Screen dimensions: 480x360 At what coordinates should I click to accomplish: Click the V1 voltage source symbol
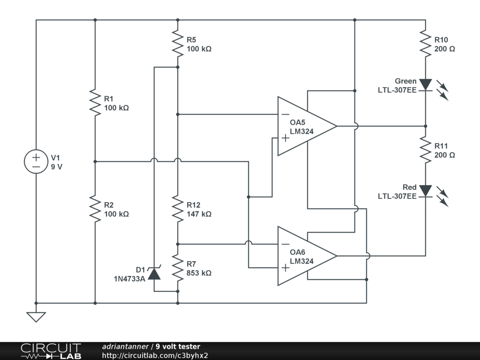[36, 162]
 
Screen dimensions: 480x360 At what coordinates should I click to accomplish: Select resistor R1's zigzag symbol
[95, 103]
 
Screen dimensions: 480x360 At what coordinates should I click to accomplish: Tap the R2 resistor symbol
[95, 209]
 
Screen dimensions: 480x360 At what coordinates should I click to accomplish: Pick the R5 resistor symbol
[178, 44]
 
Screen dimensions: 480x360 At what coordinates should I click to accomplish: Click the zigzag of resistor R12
[178, 209]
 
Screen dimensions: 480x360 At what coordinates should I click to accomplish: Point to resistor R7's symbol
[178, 268]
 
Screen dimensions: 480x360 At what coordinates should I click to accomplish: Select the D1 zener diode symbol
[154, 273]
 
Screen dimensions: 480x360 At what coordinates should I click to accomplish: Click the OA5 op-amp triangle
[307, 126]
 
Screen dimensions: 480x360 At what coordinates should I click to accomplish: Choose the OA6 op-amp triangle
[307, 256]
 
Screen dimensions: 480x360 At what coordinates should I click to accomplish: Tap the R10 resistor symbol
[426, 44]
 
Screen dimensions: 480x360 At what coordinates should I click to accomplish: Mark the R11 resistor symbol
[426, 150]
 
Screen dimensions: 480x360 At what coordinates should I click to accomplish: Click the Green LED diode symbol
[426, 85]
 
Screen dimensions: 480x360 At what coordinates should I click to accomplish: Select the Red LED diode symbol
[426, 191]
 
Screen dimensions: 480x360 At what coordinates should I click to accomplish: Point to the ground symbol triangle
[36, 317]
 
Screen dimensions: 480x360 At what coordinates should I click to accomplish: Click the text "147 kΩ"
[199, 214]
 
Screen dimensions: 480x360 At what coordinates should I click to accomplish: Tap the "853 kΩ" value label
[199, 273]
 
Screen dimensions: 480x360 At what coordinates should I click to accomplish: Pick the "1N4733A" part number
[129, 279]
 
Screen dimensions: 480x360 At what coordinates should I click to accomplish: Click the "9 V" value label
[57, 167]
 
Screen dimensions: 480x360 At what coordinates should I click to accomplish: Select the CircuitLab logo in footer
[51, 351]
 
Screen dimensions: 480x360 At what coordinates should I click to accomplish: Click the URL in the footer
[155, 355]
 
